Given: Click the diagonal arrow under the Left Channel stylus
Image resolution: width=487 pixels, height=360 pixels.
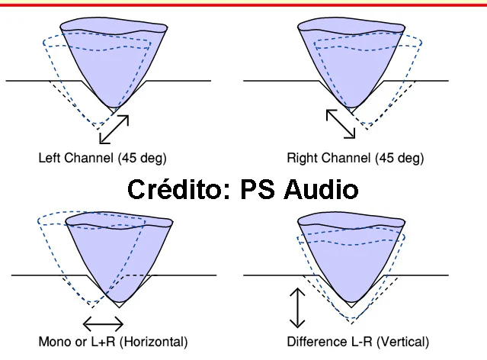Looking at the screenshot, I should click(114, 129).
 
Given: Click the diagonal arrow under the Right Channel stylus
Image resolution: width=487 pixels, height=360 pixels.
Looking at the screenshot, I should click(341, 124).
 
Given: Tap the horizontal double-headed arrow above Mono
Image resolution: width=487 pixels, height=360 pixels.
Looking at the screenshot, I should click(103, 322).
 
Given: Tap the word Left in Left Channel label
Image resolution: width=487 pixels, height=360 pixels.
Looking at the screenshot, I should click(49, 159).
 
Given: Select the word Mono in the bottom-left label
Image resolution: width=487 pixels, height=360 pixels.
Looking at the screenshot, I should click(53, 341).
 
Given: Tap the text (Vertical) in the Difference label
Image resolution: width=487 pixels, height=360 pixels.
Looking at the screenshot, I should click(401, 341).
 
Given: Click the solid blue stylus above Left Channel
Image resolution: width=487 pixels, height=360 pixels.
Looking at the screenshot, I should click(114, 61).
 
